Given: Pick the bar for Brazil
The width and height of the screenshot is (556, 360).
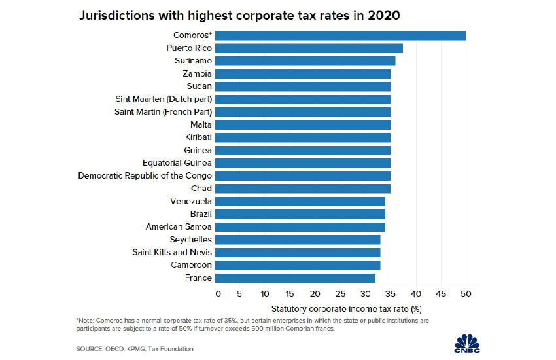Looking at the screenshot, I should [300, 214].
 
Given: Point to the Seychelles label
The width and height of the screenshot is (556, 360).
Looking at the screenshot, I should [190, 240].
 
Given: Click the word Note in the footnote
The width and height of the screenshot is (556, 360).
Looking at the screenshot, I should [88, 319].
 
